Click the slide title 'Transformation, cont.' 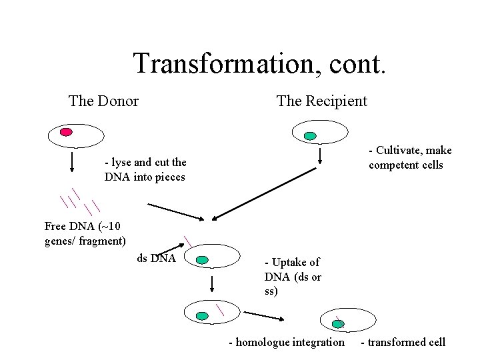[x=259, y=64]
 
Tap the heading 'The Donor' [x=103, y=101]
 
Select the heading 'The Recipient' [x=321, y=101]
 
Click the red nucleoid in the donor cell [x=66, y=131]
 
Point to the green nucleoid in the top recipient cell [x=309, y=136]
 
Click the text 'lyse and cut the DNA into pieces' [x=145, y=170]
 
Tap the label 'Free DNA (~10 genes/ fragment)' [x=85, y=233]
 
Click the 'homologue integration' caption [x=287, y=343]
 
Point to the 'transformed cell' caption [x=403, y=343]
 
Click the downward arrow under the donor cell [x=71, y=163]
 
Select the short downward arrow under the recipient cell [x=320, y=156]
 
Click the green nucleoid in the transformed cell [x=339, y=324]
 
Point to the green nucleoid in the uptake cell [x=203, y=259]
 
